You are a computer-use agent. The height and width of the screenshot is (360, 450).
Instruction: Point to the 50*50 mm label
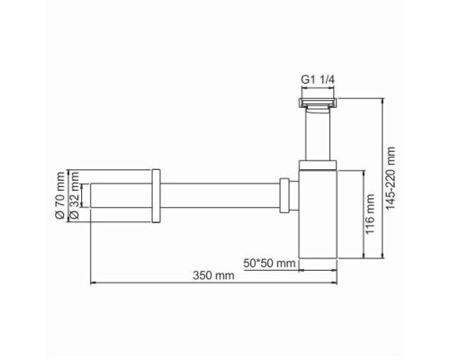pos(269,262)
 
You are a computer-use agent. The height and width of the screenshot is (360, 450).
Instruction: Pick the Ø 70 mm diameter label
pos(59,194)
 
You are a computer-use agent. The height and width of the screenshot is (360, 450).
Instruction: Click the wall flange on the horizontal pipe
pos(157,194)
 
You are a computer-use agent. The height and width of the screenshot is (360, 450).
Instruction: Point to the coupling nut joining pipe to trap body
pos(285,194)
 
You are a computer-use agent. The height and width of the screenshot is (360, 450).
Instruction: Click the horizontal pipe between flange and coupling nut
pos(220,194)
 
